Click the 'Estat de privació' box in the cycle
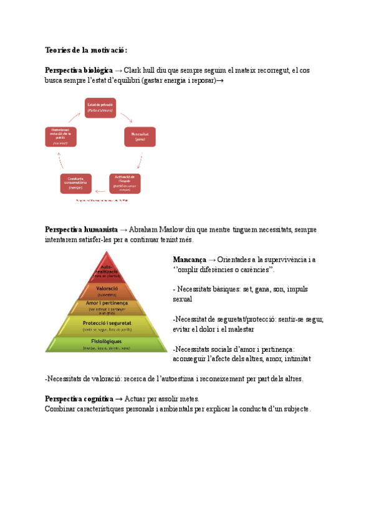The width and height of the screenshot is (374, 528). click(x=100, y=107)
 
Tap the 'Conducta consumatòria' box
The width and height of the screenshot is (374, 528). click(x=75, y=184)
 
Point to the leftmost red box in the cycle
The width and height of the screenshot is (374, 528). click(x=61, y=136)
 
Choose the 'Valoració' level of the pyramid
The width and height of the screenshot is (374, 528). click(x=106, y=290)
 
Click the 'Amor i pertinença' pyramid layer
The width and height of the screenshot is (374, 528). click(x=106, y=306)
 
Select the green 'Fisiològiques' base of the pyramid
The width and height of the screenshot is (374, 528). click(x=106, y=344)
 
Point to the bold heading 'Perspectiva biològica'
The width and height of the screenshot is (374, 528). click(x=79, y=71)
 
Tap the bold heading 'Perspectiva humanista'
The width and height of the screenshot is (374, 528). click(x=81, y=230)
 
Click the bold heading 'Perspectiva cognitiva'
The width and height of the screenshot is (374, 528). click(x=79, y=398)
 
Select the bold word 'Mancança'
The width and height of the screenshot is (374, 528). click(x=189, y=259)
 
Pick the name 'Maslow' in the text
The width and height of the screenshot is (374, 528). click(x=171, y=230)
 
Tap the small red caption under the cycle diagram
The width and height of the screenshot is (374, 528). click(x=101, y=201)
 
